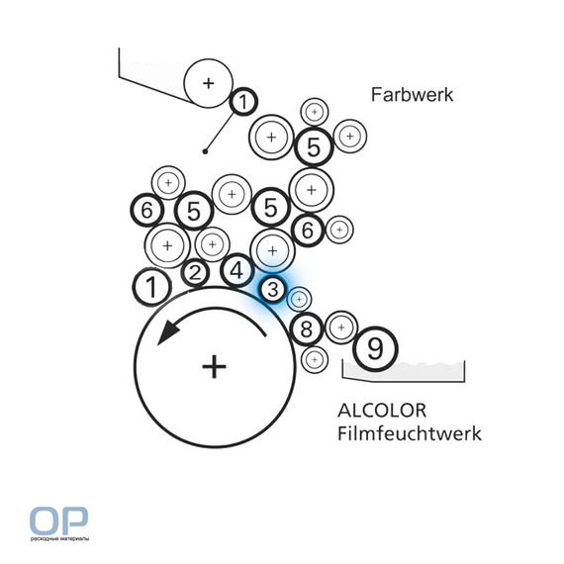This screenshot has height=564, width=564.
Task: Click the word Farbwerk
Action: tap(412, 95)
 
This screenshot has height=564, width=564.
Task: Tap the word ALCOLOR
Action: tap(382, 411)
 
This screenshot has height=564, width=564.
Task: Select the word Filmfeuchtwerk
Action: tap(410, 433)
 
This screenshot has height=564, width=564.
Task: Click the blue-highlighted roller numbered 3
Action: tap(273, 289)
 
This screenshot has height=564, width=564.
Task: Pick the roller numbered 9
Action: tap(375, 348)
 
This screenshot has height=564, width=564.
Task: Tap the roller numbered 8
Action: tap(306, 329)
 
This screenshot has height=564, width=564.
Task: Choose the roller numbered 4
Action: tap(236, 270)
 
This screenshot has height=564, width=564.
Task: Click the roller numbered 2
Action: tap(195, 273)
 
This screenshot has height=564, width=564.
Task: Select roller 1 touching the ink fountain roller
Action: tap(243, 102)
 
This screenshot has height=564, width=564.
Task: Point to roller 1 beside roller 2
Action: tap(152, 287)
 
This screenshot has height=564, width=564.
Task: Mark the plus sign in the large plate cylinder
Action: tap(214, 367)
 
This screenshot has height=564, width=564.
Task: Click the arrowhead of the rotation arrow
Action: tap(168, 332)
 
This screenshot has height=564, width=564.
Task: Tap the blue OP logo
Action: tap(58, 520)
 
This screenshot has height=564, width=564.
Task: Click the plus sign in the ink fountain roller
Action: tap(208, 83)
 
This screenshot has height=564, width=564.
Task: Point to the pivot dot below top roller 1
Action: tap(205, 151)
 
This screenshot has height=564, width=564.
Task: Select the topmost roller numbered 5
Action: tap(314, 146)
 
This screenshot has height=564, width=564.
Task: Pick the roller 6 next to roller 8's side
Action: tap(308, 230)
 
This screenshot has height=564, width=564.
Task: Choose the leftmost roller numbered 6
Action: tap(146, 210)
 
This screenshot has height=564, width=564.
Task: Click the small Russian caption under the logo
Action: tap(59, 538)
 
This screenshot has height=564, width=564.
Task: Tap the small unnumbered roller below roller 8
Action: tap(315, 359)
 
